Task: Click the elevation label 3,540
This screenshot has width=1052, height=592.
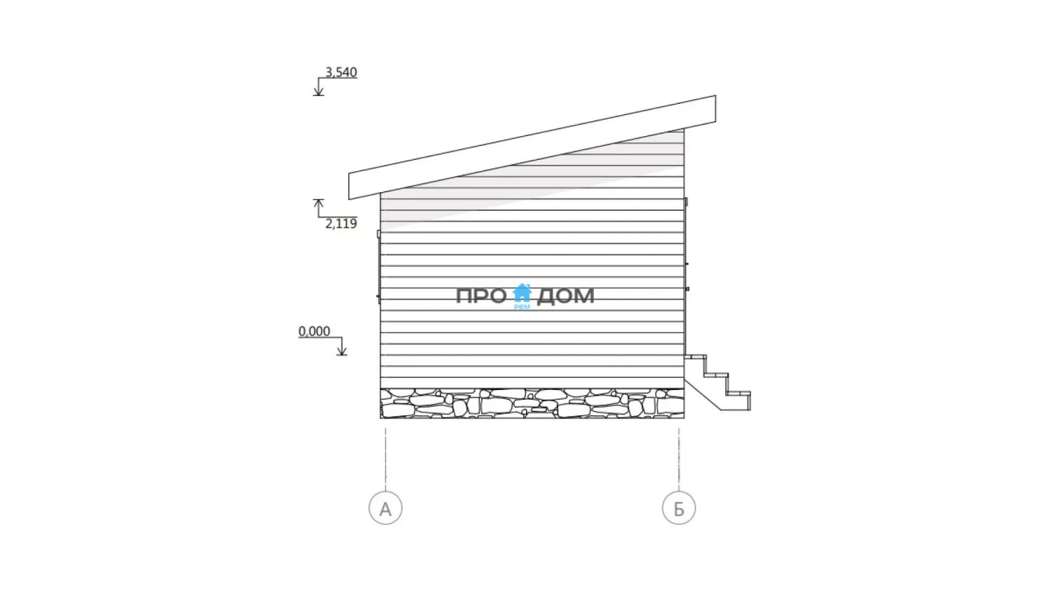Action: (341, 72)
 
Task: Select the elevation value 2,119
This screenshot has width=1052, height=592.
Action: (341, 223)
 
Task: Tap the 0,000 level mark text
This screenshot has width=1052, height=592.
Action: (314, 331)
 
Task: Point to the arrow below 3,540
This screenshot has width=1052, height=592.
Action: (318, 87)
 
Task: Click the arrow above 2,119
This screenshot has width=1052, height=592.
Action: (318, 208)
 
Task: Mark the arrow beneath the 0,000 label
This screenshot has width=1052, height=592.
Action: (342, 347)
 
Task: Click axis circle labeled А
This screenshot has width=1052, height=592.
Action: (386, 508)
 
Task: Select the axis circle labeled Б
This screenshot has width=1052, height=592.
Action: (679, 508)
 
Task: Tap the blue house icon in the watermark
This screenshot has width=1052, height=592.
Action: (522, 292)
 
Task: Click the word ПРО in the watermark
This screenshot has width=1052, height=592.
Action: (481, 296)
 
